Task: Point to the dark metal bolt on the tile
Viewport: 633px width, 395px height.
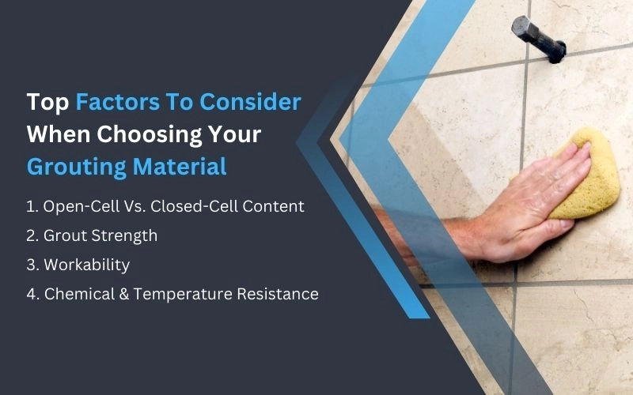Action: [x=537, y=37]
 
